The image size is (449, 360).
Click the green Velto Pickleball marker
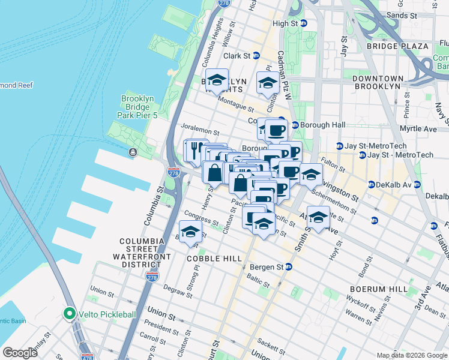click(x=70, y=314)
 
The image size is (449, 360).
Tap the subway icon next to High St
click(x=304, y=23)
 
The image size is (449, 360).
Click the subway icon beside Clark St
click(x=256, y=56)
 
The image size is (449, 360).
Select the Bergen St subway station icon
click(x=289, y=266)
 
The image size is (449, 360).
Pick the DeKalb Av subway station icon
click(x=372, y=184)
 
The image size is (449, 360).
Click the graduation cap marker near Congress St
click(x=190, y=232)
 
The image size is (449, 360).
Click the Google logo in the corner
click(x=20, y=353)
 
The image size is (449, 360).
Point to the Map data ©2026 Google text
click(x=412, y=355)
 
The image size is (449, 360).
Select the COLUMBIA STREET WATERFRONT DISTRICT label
click(x=142, y=251)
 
